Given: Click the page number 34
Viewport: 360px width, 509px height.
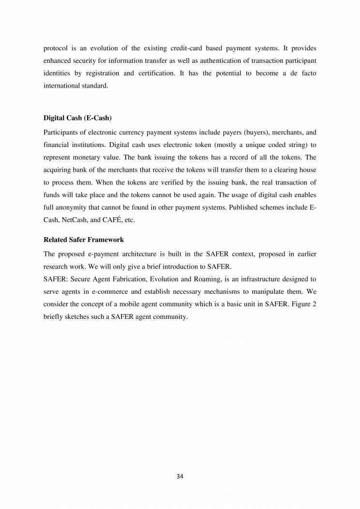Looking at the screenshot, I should [x=180, y=476].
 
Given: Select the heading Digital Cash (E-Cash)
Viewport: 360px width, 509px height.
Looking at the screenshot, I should [x=71, y=118].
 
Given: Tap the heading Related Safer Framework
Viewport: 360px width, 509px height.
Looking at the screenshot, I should [x=84, y=240].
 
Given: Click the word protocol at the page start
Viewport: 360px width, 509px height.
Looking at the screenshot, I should [x=56, y=48].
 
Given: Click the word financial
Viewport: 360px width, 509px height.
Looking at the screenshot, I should [x=56, y=144].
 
